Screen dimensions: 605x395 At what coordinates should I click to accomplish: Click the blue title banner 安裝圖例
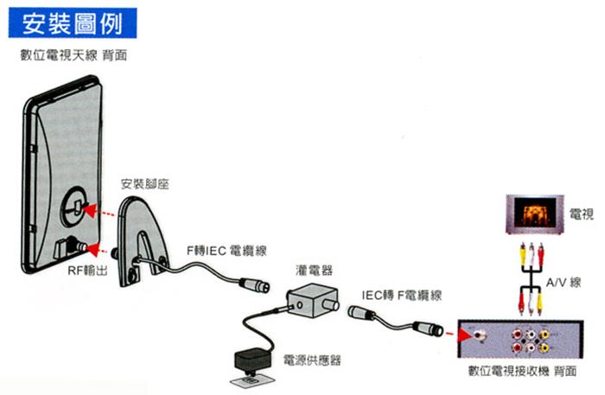[73, 23]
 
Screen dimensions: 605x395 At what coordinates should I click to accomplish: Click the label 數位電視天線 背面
[73, 55]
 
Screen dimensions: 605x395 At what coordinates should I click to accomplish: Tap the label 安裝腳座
[145, 184]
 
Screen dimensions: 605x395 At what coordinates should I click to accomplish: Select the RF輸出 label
[87, 271]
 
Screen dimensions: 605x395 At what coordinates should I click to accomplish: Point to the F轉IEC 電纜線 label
[226, 251]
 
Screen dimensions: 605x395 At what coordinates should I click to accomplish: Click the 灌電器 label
[314, 270]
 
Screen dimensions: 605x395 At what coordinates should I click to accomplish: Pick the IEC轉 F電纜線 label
[401, 296]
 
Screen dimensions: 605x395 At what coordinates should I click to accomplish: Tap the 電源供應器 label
[312, 360]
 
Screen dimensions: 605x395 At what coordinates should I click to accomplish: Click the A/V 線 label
[564, 283]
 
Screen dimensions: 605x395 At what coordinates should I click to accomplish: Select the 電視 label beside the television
[582, 214]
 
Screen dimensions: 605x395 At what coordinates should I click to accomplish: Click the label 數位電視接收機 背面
[522, 371]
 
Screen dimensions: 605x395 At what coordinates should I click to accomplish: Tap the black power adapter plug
[252, 360]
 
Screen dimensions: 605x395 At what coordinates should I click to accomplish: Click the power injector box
[313, 300]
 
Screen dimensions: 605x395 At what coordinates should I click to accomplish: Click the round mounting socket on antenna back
[75, 206]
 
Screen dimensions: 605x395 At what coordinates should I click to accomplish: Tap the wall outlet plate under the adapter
[252, 380]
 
